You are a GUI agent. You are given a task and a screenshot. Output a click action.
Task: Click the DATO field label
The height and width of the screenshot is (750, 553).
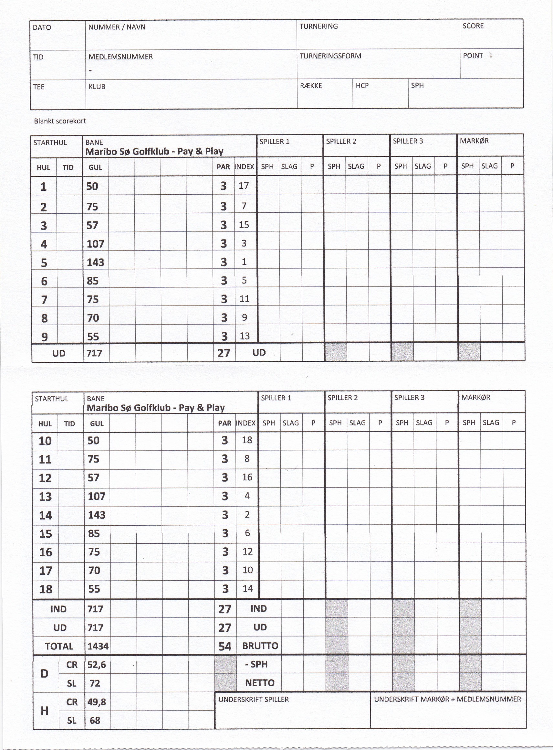(x=42, y=27)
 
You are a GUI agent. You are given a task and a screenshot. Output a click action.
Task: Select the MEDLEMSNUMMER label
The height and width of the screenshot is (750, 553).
(x=120, y=57)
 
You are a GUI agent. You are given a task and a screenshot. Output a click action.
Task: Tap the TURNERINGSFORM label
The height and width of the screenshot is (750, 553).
(x=330, y=56)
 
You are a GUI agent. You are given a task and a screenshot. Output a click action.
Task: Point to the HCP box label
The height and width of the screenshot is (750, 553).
(x=362, y=86)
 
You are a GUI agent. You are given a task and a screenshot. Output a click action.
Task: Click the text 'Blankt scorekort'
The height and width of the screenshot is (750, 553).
(x=60, y=121)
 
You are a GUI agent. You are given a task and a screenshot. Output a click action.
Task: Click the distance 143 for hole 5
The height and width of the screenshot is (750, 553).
(x=95, y=262)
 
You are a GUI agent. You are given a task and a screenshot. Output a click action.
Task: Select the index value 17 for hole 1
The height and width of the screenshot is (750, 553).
(x=244, y=186)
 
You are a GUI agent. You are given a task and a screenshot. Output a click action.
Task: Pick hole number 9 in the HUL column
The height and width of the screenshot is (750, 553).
(x=44, y=337)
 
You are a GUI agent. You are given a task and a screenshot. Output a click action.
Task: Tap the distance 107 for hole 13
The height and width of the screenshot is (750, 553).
(x=96, y=496)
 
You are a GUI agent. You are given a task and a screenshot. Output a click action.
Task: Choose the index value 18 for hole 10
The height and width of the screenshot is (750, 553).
(x=247, y=440)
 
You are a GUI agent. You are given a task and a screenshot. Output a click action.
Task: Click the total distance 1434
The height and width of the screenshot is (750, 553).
(x=98, y=646)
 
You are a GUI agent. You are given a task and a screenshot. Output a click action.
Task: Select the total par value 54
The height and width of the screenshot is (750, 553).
(x=224, y=646)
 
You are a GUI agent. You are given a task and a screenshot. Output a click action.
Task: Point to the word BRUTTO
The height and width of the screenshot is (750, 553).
(x=260, y=646)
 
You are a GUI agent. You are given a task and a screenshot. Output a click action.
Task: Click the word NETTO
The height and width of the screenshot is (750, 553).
(x=259, y=683)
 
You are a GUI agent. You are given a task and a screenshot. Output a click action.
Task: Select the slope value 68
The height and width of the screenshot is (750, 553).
(x=95, y=720)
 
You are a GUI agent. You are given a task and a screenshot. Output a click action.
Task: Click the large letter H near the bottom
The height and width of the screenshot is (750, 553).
(x=44, y=711)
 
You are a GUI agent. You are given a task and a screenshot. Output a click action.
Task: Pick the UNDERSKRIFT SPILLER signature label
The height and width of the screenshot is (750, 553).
(x=253, y=700)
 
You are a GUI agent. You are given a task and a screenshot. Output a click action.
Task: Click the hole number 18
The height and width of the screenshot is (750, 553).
(x=46, y=589)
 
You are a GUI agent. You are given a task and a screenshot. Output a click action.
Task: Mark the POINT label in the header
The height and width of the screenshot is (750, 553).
(x=473, y=56)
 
